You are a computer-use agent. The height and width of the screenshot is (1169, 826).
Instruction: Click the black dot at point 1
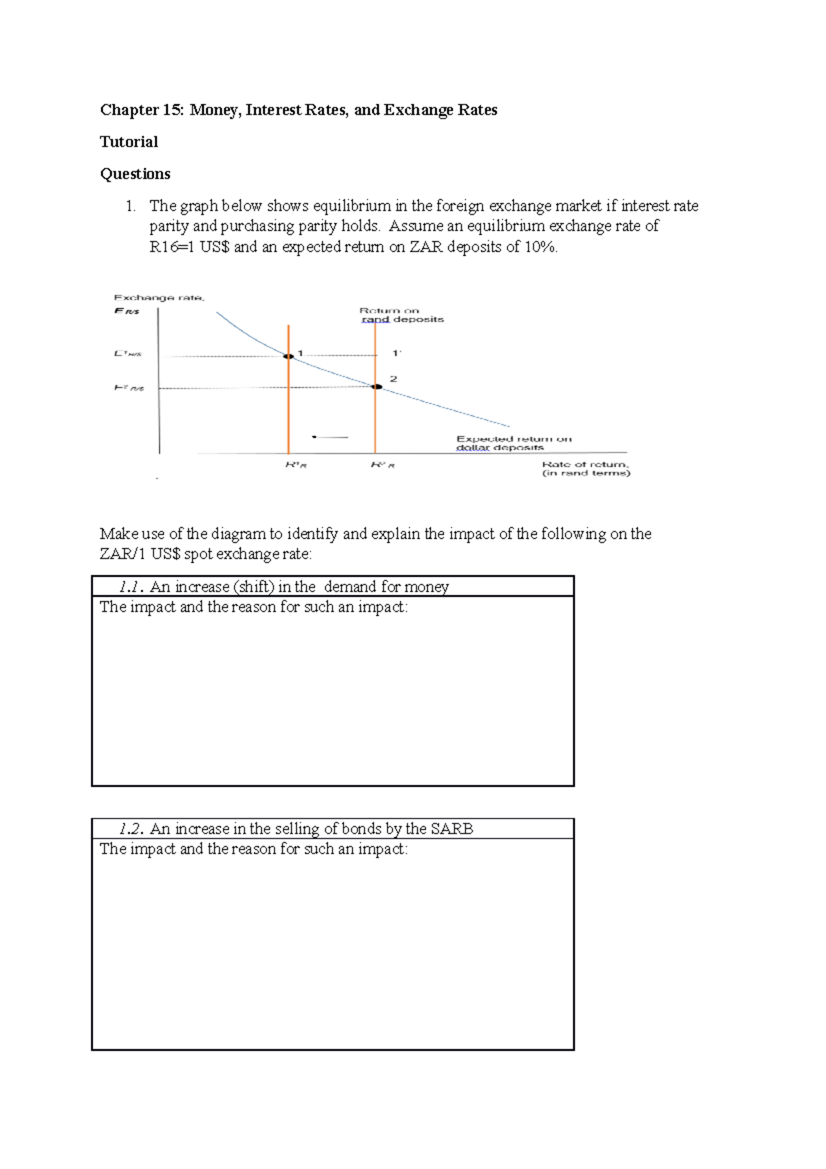(x=289, y=356)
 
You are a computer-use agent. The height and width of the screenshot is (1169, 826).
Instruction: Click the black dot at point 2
(x=377, y=387)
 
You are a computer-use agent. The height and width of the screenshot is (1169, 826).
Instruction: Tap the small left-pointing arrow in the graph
(x=330, y=436)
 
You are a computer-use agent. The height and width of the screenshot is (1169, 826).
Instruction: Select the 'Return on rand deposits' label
(x=402, y=315)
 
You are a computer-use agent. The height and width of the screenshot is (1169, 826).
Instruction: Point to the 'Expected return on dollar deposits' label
(x=513, y=443)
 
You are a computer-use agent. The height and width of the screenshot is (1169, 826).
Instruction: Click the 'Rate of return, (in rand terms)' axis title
(x=586, y=468)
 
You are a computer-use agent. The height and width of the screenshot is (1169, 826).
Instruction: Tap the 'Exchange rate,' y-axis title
(x=158, y=297)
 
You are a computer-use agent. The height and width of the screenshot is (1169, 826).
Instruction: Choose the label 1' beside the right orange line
(x=396, y=353)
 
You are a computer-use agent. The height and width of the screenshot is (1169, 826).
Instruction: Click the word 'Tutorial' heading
(x=129, y=142)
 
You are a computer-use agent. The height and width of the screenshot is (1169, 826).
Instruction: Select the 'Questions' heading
(x=135, y=173)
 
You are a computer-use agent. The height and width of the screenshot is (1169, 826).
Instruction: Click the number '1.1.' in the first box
(x=131, y=587)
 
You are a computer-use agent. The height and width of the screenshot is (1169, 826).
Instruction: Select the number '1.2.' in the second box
(x=131, y=829)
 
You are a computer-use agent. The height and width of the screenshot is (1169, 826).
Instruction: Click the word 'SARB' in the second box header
(x=452, y=829)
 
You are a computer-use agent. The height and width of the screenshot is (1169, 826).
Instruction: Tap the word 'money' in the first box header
(x=427, y=587)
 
